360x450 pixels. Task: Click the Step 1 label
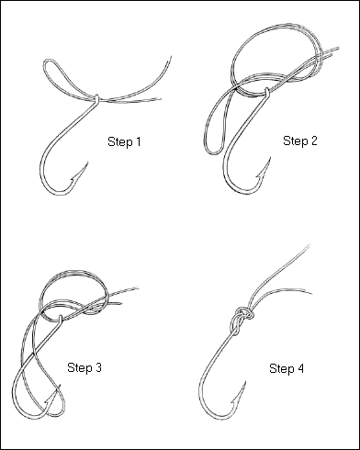[x=124, y=141]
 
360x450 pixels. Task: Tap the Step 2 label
[x=300, y=141]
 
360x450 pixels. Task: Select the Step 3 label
[x=84, y=367]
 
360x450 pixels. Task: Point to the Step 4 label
[x=287, y=368]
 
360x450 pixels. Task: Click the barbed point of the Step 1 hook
[x=88, y=162]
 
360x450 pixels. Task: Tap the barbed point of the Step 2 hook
[x=270, y=157]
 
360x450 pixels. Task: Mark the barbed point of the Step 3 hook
[x=61, y=385]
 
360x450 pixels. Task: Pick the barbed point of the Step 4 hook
[x=245, y=382]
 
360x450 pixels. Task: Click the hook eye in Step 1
[x=96, y=98]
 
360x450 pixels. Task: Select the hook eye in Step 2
[x=267, y=92]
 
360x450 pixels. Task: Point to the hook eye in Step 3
[x=61, y=319]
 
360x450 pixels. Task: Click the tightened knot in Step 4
[x=241, y=319]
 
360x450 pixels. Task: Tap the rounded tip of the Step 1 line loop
[x=47, y=62]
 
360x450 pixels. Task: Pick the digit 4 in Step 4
[x=300, y=368]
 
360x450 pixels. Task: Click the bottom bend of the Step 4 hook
[x=216, y=417]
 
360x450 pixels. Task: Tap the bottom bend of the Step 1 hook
[x=58, y=193]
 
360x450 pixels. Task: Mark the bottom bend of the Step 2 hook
[x=242, y=192]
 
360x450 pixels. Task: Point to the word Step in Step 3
[x=79, y=367]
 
